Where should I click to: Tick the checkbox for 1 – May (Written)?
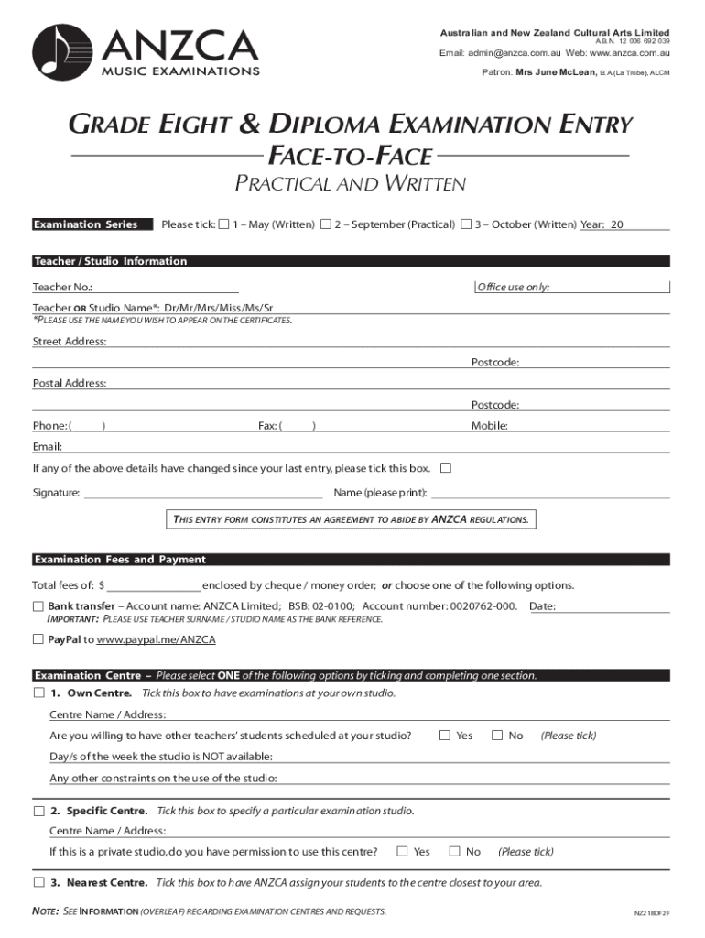click(224, 224)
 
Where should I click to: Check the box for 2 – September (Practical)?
click(326, 224)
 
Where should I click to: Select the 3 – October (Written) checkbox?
click(467, 224)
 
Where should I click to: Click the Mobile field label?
click(490, 426)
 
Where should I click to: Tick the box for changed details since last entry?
click(446, 468)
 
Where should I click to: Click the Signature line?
click(202, 493)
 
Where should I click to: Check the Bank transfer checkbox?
click(38, 606)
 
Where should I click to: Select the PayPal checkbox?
click(38, 639)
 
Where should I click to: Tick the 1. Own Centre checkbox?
click(38, 693)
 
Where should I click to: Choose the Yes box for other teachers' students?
click(445, 736)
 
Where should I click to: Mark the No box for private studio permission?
click(454, 852)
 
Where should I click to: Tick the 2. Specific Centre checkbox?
click(38, 812)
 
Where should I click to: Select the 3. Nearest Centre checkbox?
click(38, 883)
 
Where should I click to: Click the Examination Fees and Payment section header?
click(120, 560)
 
